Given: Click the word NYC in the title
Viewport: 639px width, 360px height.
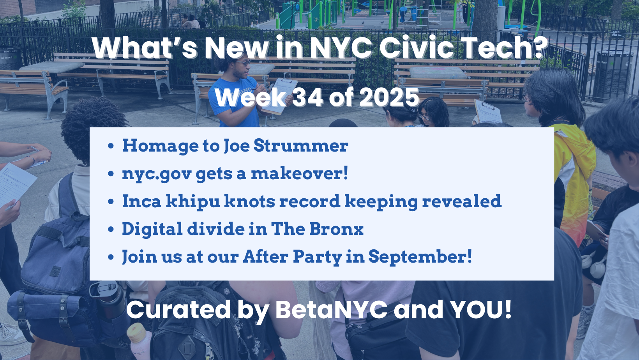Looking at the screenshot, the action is pos(341,47).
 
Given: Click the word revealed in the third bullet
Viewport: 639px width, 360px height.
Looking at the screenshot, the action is pos(462,201).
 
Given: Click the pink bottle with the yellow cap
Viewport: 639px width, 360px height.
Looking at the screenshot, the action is pos(140,341).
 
